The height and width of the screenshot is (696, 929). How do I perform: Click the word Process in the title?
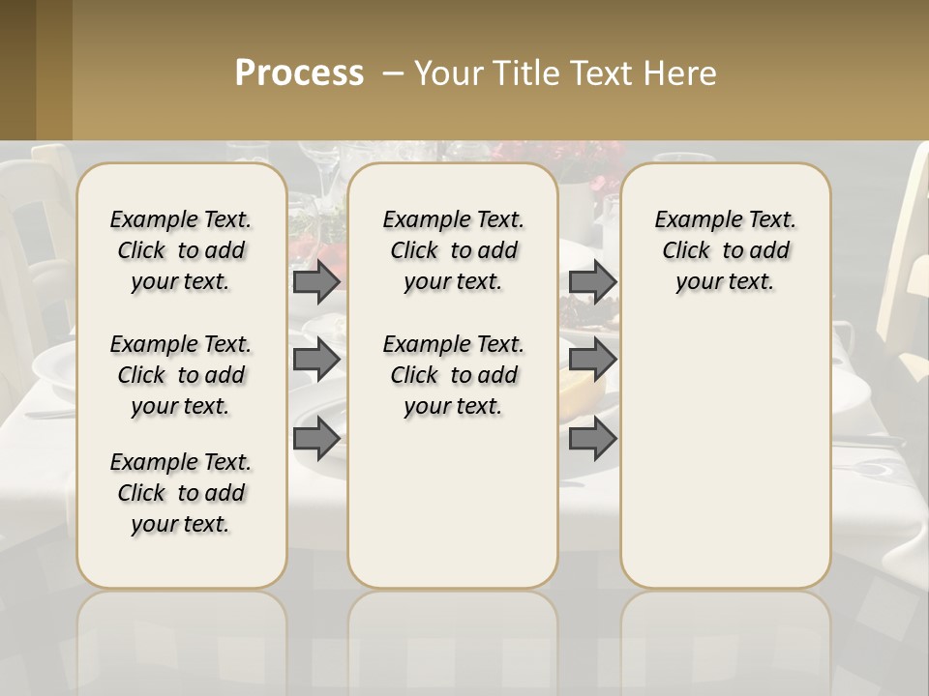click(299, 73)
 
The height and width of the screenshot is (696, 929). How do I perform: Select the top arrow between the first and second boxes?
click(316, 281)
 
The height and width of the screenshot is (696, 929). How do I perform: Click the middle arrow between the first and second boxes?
click(316, 360)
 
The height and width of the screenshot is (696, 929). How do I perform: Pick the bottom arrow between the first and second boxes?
click(316, 439)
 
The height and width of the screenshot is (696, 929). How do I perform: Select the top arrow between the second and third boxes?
click(592, 281)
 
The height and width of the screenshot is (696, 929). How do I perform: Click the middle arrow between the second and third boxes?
click(592, 360)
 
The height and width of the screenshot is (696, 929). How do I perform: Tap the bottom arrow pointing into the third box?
click(592, 439)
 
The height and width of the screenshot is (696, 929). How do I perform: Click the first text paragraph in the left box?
click(181, 250)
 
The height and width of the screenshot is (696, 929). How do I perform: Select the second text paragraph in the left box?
click(181, 375)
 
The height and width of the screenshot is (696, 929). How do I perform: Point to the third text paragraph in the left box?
click(181, 493)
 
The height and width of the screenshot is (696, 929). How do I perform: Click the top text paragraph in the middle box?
click(453, 250)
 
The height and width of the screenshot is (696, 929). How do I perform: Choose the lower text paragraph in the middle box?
click(453, 375)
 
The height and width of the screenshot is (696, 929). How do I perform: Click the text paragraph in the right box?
click(725, 250)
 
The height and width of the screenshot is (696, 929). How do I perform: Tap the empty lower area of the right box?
click(725, 454)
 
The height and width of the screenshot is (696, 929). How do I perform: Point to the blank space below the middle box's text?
click(453, 503)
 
